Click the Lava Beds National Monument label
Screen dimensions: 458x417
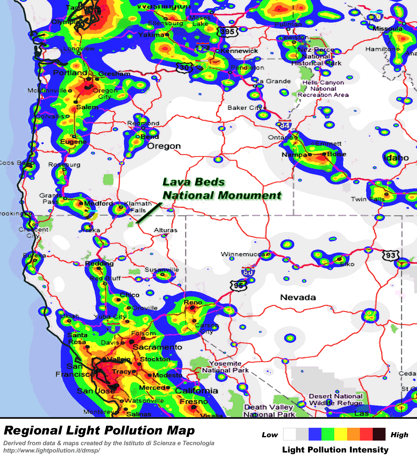(222, 189)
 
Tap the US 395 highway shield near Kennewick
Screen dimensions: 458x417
(227, 31)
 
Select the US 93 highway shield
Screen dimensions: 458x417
(391, 255)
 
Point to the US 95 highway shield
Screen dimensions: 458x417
(238, 285)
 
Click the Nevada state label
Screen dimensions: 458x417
(298, 297)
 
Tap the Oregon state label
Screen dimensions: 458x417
(164, 146)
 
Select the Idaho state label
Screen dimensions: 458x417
(396, 158)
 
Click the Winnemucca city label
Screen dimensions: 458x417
(243, 254)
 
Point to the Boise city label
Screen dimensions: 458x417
(337, 154)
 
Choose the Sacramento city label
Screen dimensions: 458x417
(158, 347)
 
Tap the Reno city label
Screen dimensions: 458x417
(193, 302)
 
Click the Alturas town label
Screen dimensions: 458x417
(165, 230)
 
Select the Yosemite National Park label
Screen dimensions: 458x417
(225, 367)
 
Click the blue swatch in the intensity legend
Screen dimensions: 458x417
(315, 434)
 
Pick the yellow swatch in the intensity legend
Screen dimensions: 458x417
(341, 434)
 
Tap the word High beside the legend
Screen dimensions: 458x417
(399, 435)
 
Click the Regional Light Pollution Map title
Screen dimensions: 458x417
(100, 431)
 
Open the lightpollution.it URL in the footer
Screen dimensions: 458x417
(52, 450)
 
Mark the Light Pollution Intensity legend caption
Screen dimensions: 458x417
(335, 450)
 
